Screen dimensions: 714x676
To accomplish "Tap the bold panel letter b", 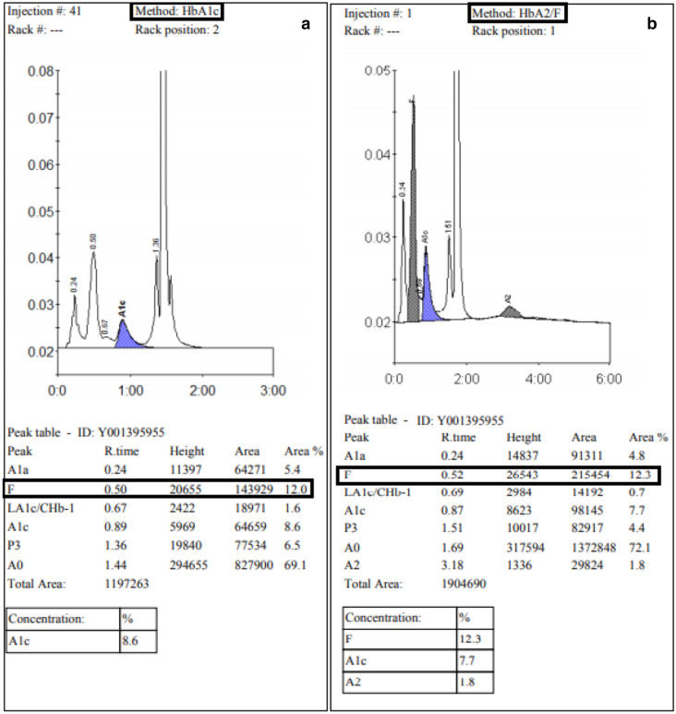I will tap(652, 25).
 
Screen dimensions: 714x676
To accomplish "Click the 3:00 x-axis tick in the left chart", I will tap(273, 391).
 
